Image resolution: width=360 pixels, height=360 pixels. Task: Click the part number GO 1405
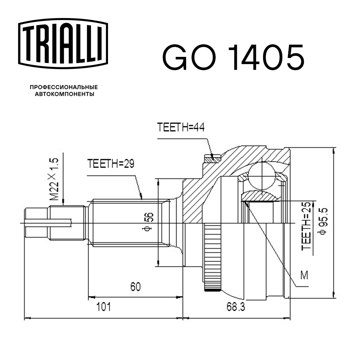pos(233,58)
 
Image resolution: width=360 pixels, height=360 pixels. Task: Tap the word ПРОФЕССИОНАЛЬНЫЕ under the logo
pos(64,87)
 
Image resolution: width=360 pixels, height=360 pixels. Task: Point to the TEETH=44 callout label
pos(181,128)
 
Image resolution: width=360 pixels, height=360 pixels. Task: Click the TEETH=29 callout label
pos(111,165)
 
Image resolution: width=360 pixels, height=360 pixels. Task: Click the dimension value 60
pos(135,287)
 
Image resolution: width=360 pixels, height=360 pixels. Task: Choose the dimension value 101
pos(104,307)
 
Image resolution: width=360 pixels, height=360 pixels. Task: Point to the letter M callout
pos(304,275)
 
